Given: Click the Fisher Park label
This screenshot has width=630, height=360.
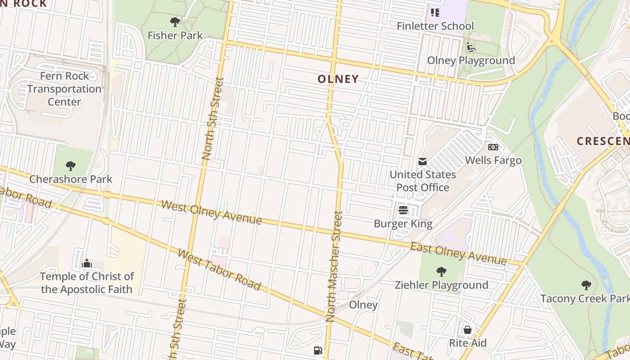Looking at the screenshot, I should pyautogui.click(x=175, y=36).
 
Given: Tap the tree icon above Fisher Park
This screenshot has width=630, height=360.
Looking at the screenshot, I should pyautogui.click(x=175, y=22).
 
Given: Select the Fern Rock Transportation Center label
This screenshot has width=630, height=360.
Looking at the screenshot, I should pyautogui.click(x=64, y=89).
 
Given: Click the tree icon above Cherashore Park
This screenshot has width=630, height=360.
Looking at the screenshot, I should pyautogui.click(x=71, y=166).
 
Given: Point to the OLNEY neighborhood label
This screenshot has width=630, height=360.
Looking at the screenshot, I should pyautogui.click(x=338, y=79).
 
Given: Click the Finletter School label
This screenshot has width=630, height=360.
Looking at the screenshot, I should pyautogui.click(x=435, y=26).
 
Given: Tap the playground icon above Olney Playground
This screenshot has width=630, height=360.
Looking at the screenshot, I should pyautogui.click(x=471, y=47).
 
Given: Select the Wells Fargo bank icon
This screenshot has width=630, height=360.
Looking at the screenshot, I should pyautogui.click(x=493, y=147).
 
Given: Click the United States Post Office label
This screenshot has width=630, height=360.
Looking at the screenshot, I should pyautogui.click(x=423, y=181).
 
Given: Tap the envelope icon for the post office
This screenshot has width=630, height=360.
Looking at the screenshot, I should pyautogui.click(x=423, y=162).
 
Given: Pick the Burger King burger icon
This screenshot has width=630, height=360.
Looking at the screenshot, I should pyautogui.click(x=403, y=210).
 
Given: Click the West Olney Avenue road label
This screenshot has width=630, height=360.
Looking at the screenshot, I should pyautogui.click(x=211, y=213).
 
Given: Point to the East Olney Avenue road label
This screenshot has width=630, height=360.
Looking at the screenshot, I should pyautogui.click(x=458, y=253).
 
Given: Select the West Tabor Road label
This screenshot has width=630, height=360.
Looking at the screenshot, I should pyautogui.click(x=219, y=270).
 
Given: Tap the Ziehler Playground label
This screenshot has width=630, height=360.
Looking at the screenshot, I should pyautogui.click(x=441, y=285).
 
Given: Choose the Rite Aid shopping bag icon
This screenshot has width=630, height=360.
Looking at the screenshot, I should pyautogui.click(x=468, y=330).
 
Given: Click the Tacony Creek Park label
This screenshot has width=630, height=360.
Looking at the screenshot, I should pyautogui.click(x=585, y=298).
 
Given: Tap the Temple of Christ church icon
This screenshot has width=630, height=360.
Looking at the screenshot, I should pyautogui.click(x=87, y=263).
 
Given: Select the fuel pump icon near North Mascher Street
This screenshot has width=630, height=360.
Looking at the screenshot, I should pyautogui.click(x=318, y=351).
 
